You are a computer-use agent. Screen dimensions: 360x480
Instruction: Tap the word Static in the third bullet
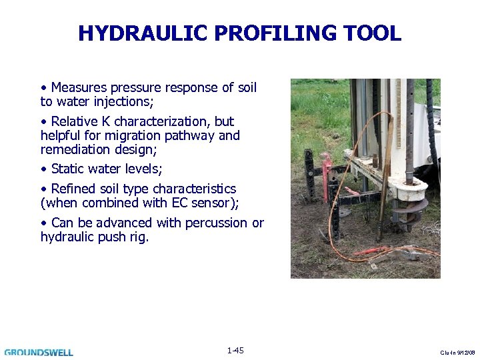[x=69, y=169]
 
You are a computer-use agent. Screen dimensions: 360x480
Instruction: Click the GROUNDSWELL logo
[x=39, y=352]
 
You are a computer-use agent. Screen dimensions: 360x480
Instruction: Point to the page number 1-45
[x=235, y=351]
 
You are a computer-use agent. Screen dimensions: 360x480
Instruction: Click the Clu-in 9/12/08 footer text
[x=459, y=352]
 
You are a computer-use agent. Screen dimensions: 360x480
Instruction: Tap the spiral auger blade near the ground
[x=408, y=206]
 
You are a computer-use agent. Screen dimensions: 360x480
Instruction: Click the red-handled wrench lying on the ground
[x=373, y=252]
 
